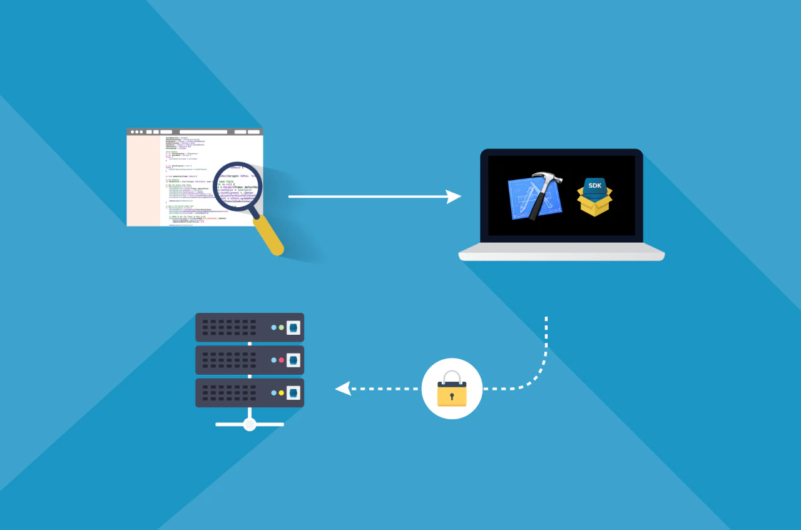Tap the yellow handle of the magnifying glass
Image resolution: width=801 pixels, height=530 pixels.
pyautogui.click(x=269, y=237)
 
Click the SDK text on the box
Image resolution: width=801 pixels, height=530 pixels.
pyautogui.click(x=594, y=185)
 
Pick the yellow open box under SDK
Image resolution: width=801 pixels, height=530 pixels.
pyautogui.click(x=594, y=204)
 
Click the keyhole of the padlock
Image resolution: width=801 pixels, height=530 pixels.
pyautogui.click(x=452, y=396)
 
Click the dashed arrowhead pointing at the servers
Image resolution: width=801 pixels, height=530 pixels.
pyautogui.click(x=342, y=389)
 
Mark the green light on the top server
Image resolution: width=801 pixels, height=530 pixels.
pyautogui.click(x=282, y=327)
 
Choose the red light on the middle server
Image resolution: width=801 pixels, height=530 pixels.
pyautogui.click(x=282, y=360)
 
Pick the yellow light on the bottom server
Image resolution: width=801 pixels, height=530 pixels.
pyautogui.click(x=282, y=393)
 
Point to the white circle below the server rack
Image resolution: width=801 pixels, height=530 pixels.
pyautogui.click(x=250, y=424)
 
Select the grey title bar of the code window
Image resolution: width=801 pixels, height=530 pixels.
pyautogui.click(x=195, y=131)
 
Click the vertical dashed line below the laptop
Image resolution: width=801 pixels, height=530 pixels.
pyautogui.click(x=546, y=338)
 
